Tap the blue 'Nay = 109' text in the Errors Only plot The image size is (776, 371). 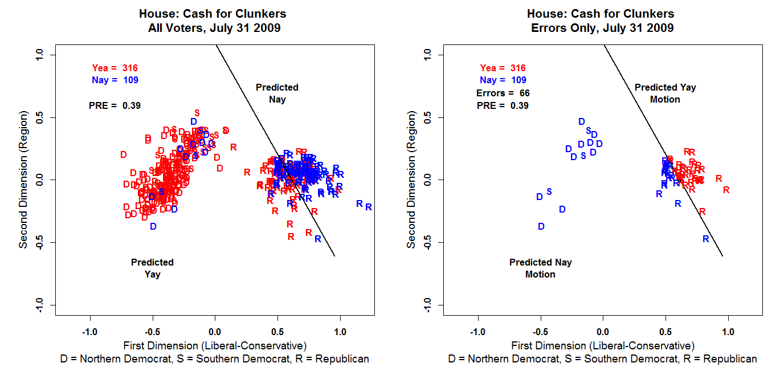coord(503,80)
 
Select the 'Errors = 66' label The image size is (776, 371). coord(503,93)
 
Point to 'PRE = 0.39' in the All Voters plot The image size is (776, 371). coord(115,105)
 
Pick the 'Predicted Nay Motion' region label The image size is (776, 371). coord(540,268)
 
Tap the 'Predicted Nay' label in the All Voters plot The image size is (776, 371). coord(277,93)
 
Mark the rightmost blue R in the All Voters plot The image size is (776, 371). coord(369,207)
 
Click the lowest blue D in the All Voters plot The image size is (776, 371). coord(153,226)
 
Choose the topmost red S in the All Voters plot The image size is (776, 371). coord(197,112)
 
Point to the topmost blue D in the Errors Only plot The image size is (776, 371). coord(582,121)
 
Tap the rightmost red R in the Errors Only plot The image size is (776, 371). coord(726,190)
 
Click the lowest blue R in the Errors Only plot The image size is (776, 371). coord(705,239)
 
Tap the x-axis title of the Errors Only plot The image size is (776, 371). coord(603,345)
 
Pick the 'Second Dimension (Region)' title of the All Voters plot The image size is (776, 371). coord(23,180)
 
